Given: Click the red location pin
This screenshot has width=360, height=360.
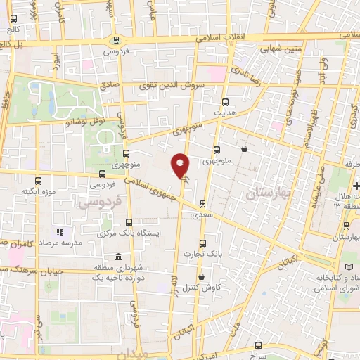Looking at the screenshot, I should tap(181, 165).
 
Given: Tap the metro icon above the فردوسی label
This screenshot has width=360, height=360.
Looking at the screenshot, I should tap(116, 40).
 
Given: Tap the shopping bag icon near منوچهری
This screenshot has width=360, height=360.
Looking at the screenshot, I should tap(244, 148).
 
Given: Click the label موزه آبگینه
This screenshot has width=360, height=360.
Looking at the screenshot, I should tap(38, 191).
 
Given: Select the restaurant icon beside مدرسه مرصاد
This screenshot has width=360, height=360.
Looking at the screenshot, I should tap(60, 231).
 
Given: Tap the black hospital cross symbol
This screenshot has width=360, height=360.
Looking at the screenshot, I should tap(356, 185).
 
